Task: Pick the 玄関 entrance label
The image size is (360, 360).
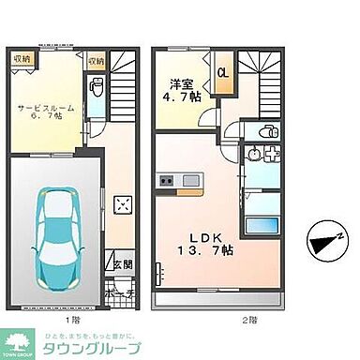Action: click(x=123, y=265)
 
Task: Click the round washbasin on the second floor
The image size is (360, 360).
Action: click(x=250, y=155)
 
